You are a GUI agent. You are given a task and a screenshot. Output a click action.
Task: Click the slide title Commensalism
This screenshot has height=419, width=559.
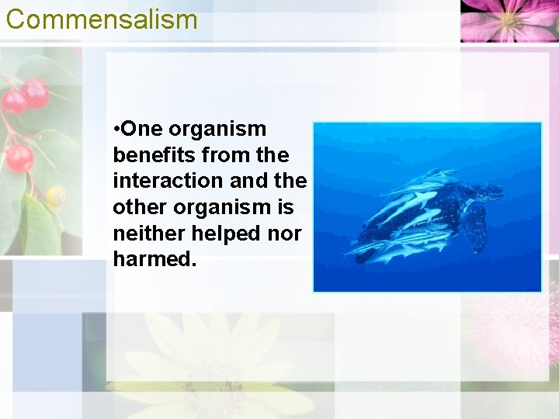tap(102, 19)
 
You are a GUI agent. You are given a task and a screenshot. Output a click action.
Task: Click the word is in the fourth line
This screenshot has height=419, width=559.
tap(285, 207)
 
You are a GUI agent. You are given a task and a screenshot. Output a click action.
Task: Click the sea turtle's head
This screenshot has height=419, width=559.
tap(490, 189)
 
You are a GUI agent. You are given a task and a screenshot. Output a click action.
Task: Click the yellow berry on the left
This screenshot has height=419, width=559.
tap(55, 195)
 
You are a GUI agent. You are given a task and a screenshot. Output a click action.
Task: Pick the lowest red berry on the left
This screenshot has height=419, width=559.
tap(19, 158)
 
